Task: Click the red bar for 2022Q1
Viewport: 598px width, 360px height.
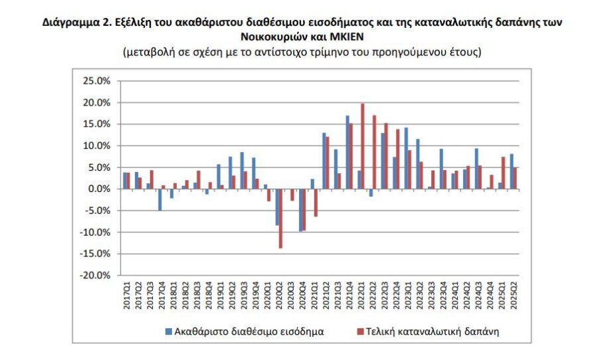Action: (x=362, y=146)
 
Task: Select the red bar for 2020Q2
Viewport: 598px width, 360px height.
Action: (x=281, y=219)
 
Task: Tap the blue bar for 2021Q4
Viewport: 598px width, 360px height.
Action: (x=347, y=152)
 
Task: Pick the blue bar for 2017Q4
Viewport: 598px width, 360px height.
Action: (x=160, y=199)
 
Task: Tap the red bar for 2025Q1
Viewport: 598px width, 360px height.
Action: (x=503, y=173)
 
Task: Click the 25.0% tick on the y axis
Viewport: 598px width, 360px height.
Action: (x=97, y=81)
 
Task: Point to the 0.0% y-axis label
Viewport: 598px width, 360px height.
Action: (x=99, y=189)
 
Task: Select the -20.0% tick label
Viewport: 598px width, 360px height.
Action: (x=96, y=275)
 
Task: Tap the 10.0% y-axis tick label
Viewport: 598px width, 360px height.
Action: (x=97, y=145)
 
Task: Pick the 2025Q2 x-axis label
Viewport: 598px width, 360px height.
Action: (x=514, y=294)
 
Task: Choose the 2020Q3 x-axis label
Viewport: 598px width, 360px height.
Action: (x=290, y=294)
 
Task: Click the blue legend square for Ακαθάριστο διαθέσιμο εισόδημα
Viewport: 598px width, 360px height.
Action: (x=169, y=331)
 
